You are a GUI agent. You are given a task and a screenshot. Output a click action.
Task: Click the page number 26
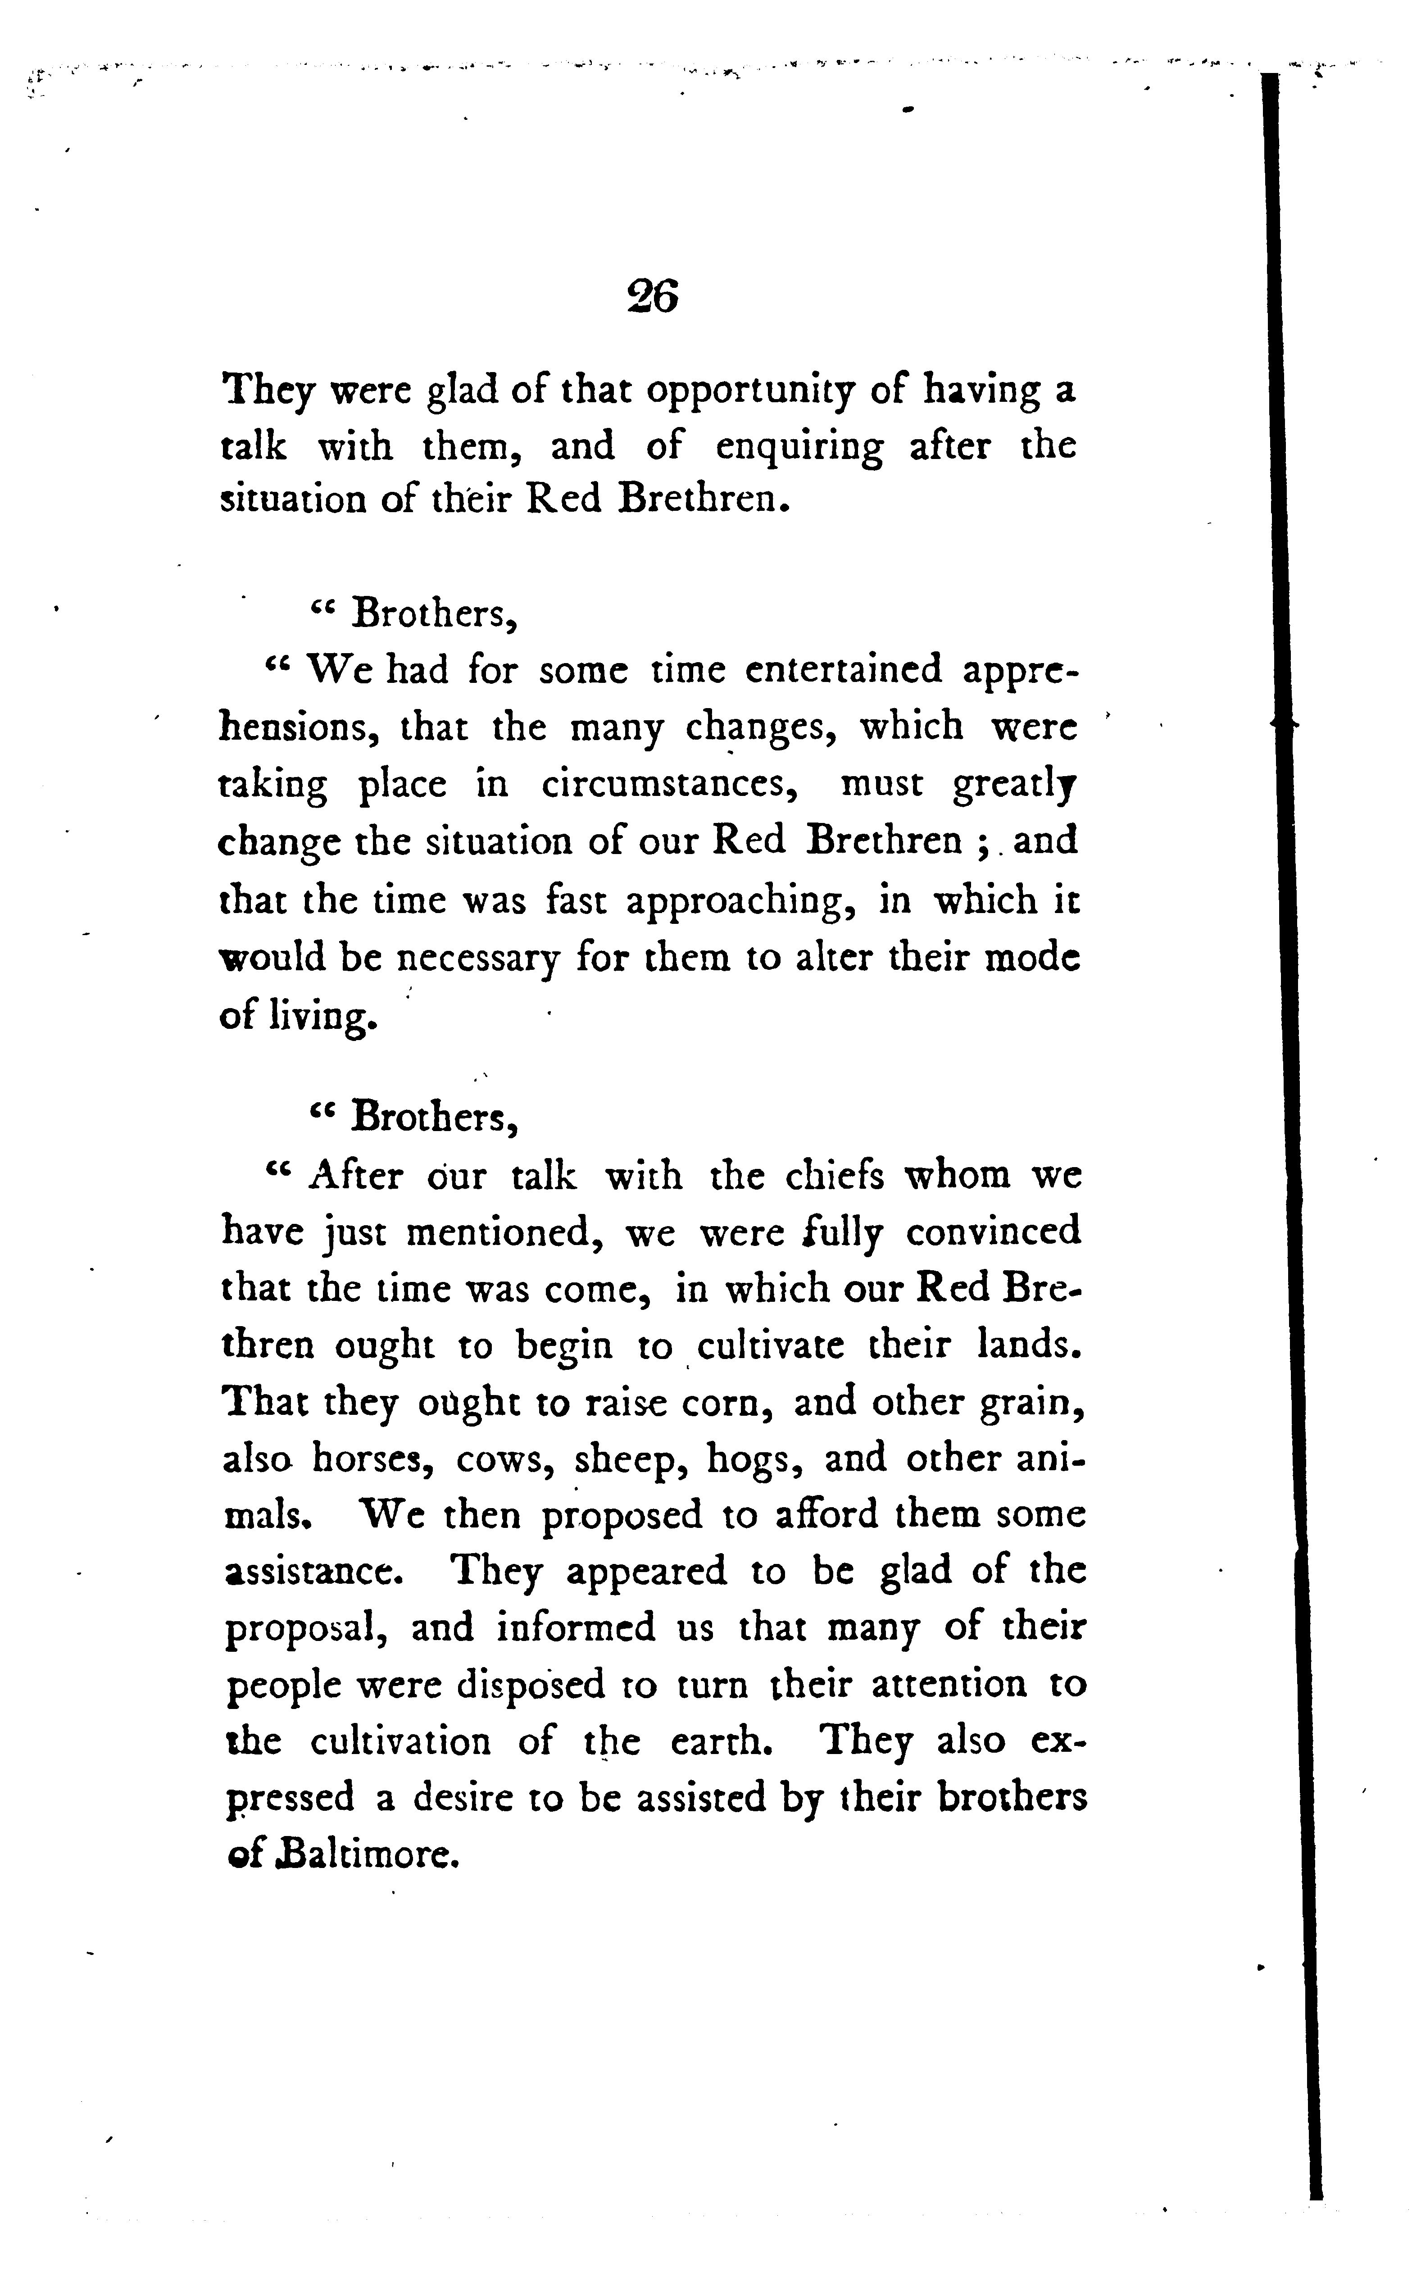click(x=653, y=297)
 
